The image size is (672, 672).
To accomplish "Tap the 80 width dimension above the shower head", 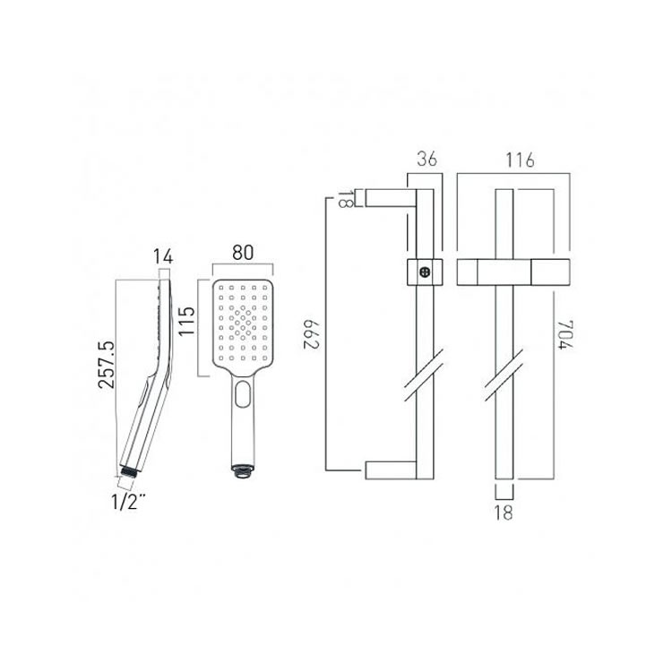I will pos(240,253).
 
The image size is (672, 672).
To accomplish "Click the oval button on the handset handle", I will pos(242,392).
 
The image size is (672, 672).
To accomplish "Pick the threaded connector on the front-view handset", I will pos(241,467).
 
